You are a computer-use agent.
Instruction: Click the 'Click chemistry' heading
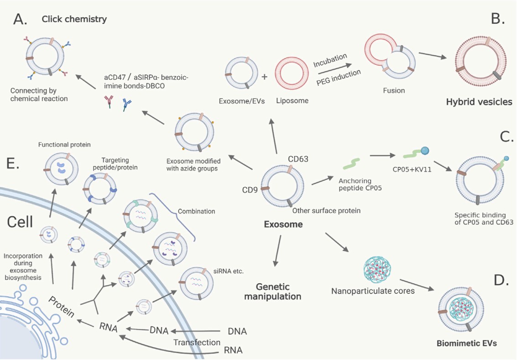pyautogui.click(x=74, y=19)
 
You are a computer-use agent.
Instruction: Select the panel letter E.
pyautogui.click(x=13, y=163)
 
